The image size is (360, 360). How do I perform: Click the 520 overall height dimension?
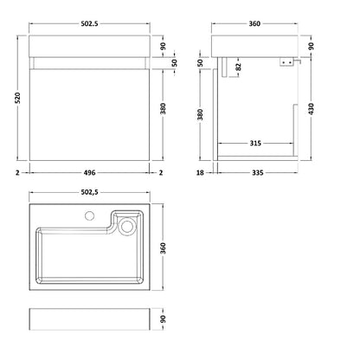click(x=17, y=98)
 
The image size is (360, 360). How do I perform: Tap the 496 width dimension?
click(x=89, y=172)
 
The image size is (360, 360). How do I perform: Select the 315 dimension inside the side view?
click(x=255, y=143)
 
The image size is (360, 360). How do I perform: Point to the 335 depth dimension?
click(x=258, y=172)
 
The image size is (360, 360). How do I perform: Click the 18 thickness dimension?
click(x=200, y=172)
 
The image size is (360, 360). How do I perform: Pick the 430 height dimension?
click(x=311, y=109)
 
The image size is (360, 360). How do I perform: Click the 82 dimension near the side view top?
click(x=238, y=67)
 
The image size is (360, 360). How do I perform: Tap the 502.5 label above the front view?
click(x=89, y=23)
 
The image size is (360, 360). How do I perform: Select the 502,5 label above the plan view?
click(x=89, y=192)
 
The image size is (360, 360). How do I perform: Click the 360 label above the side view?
click(x=254, y=23)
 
